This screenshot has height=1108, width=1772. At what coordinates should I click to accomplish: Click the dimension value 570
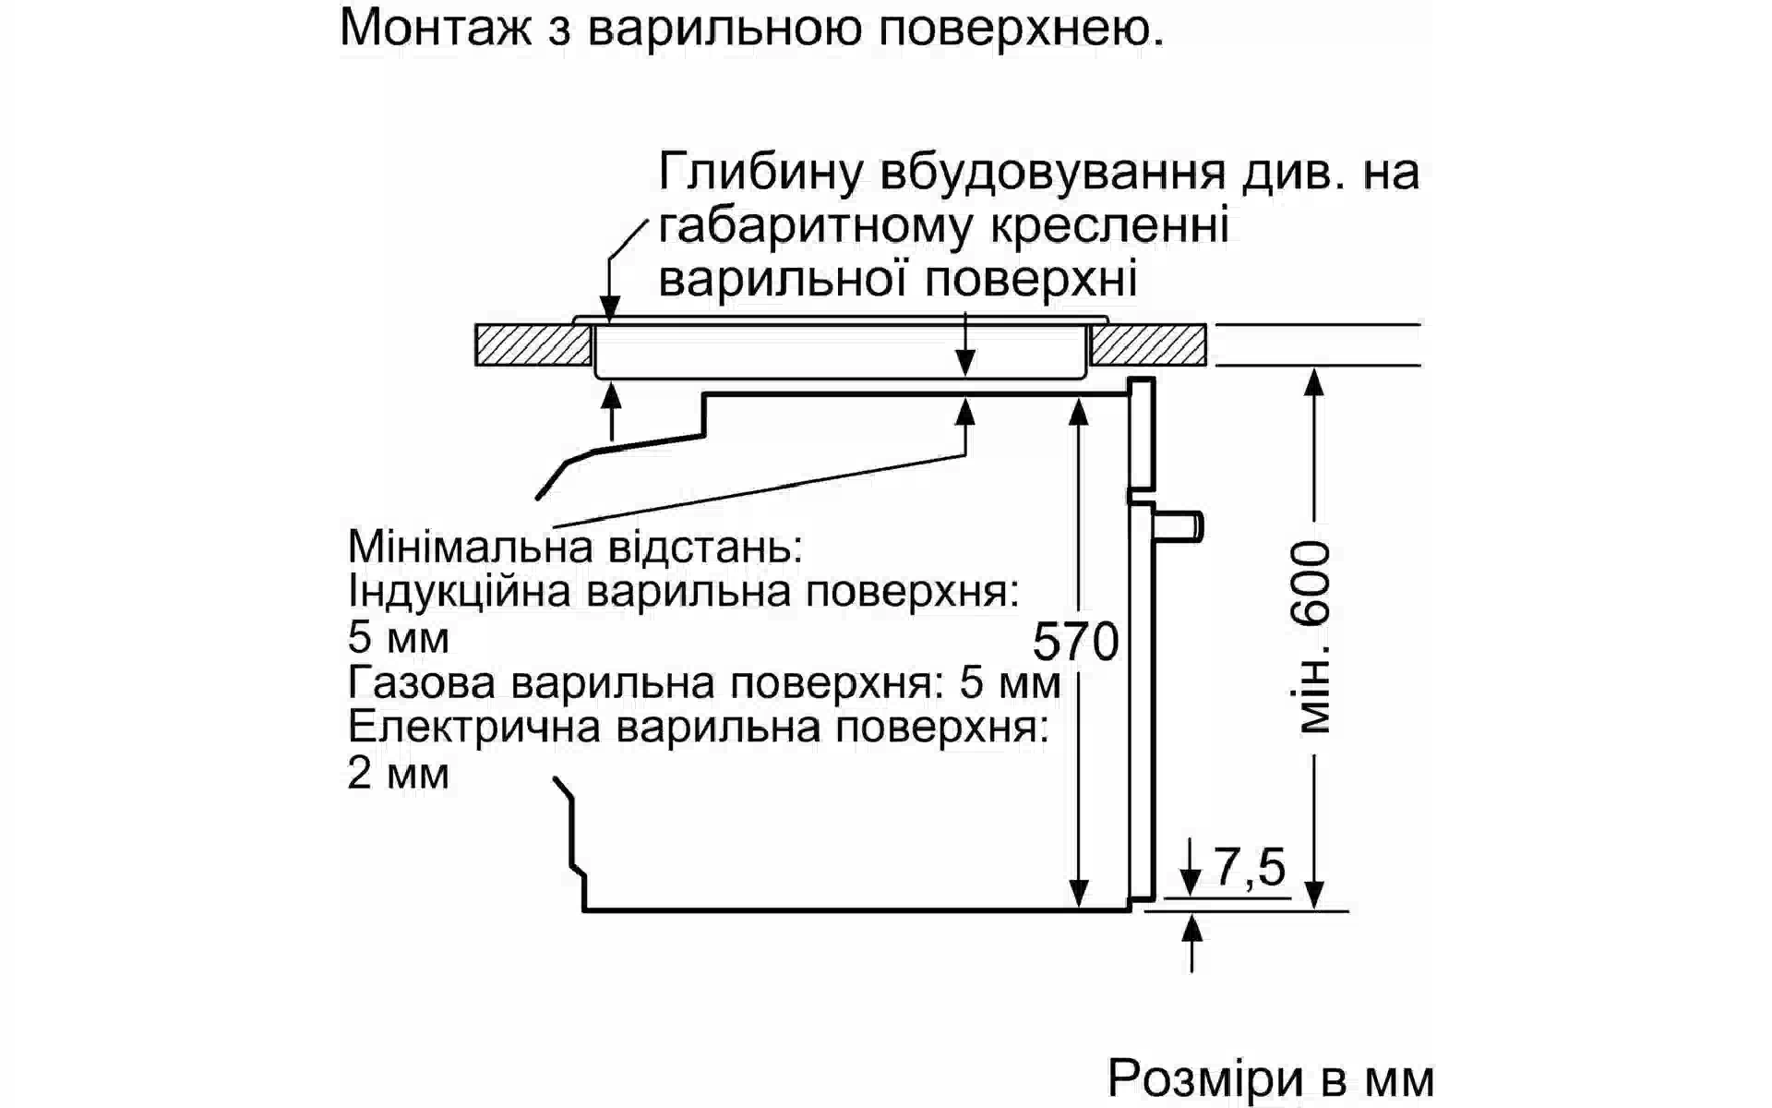click(1075, 642)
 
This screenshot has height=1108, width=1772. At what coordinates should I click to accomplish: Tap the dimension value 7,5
click(1250, 867)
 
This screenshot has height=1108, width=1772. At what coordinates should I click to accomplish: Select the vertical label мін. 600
click(1313, 638)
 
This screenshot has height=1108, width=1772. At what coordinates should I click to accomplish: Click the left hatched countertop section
click(533, 345)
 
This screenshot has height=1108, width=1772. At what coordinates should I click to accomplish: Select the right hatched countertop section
click(1148, 345)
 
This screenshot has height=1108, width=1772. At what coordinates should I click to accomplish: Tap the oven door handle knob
click(1181, 525)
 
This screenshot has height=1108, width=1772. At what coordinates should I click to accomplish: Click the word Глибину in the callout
click(761, 173)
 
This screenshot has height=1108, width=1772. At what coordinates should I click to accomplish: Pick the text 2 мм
click(398, 773)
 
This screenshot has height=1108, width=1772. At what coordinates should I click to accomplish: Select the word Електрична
click(474, 728)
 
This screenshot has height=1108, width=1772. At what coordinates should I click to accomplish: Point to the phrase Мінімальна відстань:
click(575, 547)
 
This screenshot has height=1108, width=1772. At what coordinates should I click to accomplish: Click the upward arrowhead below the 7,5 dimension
click(1191, 926)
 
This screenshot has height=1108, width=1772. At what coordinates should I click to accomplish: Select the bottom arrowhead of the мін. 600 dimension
click(1314, 893)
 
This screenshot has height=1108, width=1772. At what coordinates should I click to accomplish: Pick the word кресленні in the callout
click(1108, 227)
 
